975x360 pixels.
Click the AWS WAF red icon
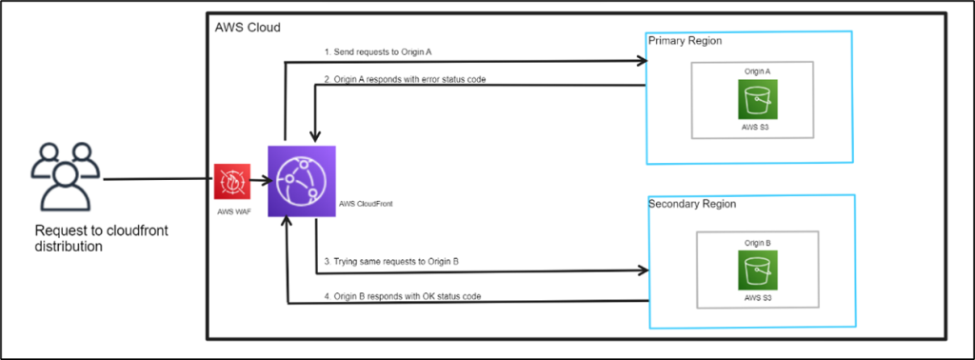(x=231, y=180)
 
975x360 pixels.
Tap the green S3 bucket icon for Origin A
(x=758, y=99)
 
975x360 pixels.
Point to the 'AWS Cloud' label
(x=248, y=27)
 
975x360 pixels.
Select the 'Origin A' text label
(x=758, y=71)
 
